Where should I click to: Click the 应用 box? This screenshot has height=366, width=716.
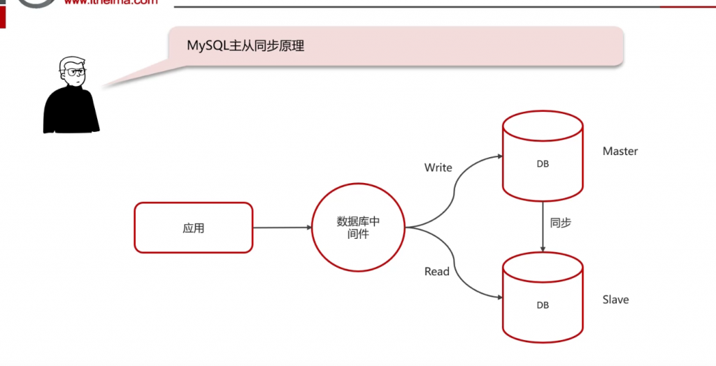pyautogui.click(x=193, y=228)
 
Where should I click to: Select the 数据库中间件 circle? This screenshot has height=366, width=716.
pyautogui.click(x=358, y=228)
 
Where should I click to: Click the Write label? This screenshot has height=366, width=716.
pyautogui.click(x=438, y=168)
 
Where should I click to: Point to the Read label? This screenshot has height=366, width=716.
pyautogui.click(x=437, y=271)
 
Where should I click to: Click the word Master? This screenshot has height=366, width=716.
pyautogui.click(x=620, y=151)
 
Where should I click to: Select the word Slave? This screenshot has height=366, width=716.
pyautogui.click(x=615, y=300)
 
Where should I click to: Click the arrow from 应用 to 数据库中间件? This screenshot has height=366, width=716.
pyautogui.click(x=282, y=227)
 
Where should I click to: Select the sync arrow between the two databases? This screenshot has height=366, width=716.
pyautogui.click(x=543, y=227)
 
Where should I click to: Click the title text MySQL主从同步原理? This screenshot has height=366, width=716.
pyautogui.click(x=245, y=46)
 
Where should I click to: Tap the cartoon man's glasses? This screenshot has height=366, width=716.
pyautogui.click(x=76, y=72)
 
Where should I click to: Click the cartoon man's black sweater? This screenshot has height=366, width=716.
pyautogui.click(x=70, y=112)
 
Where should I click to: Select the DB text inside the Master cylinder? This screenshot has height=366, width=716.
pyautogui.click(x=543, y=164)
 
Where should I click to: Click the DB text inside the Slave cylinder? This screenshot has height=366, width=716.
pyautogui.click(x=543, y=305)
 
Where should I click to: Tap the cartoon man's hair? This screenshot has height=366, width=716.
pyautogui.click(x=69, y=62)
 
